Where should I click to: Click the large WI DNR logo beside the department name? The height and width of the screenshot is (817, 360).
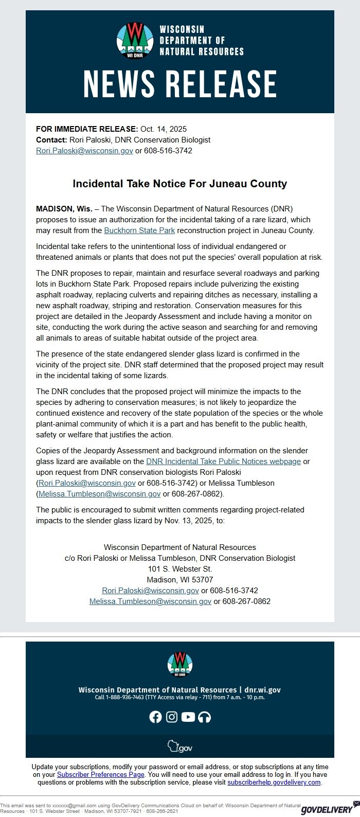click(x=135, y=40)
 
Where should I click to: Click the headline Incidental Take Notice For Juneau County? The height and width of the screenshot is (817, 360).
click(x=180, y=184)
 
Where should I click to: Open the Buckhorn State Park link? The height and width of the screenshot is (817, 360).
click(x=139, y=230)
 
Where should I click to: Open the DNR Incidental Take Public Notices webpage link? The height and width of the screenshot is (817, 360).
click(x=223, y=461)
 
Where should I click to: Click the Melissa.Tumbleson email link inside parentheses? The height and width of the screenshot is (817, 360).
click(x=100, y=494)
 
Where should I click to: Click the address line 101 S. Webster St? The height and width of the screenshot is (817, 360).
click(x=180, y=569)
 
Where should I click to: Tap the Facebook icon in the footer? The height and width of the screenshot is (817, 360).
click(x=155, y=717)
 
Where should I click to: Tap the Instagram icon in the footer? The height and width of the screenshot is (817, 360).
click(x=172, y=717)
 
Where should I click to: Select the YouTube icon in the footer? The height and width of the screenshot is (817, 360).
click(x=188, y=717)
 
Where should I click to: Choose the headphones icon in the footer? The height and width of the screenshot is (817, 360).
click(x=205, y=717)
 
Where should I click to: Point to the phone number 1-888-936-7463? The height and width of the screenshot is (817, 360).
click(x=125, y=698)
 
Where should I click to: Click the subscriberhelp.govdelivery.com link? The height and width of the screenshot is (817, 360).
click(x=274, y=783)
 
